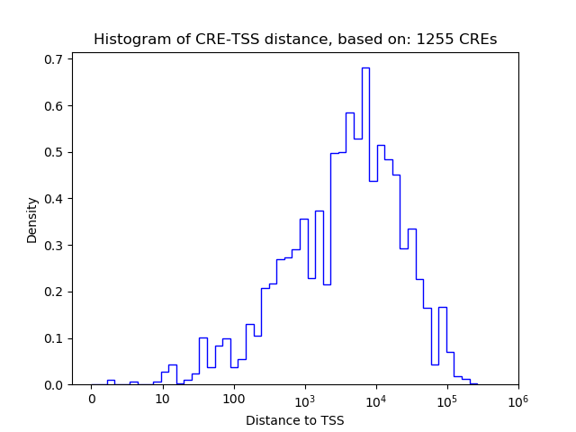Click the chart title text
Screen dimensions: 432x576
coord(294,40)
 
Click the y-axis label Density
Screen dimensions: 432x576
coord(32,220)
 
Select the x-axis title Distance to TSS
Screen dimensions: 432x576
coord(294,420)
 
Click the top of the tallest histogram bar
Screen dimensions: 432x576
coord(365,67)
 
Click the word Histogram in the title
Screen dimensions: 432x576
coord(128,40)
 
